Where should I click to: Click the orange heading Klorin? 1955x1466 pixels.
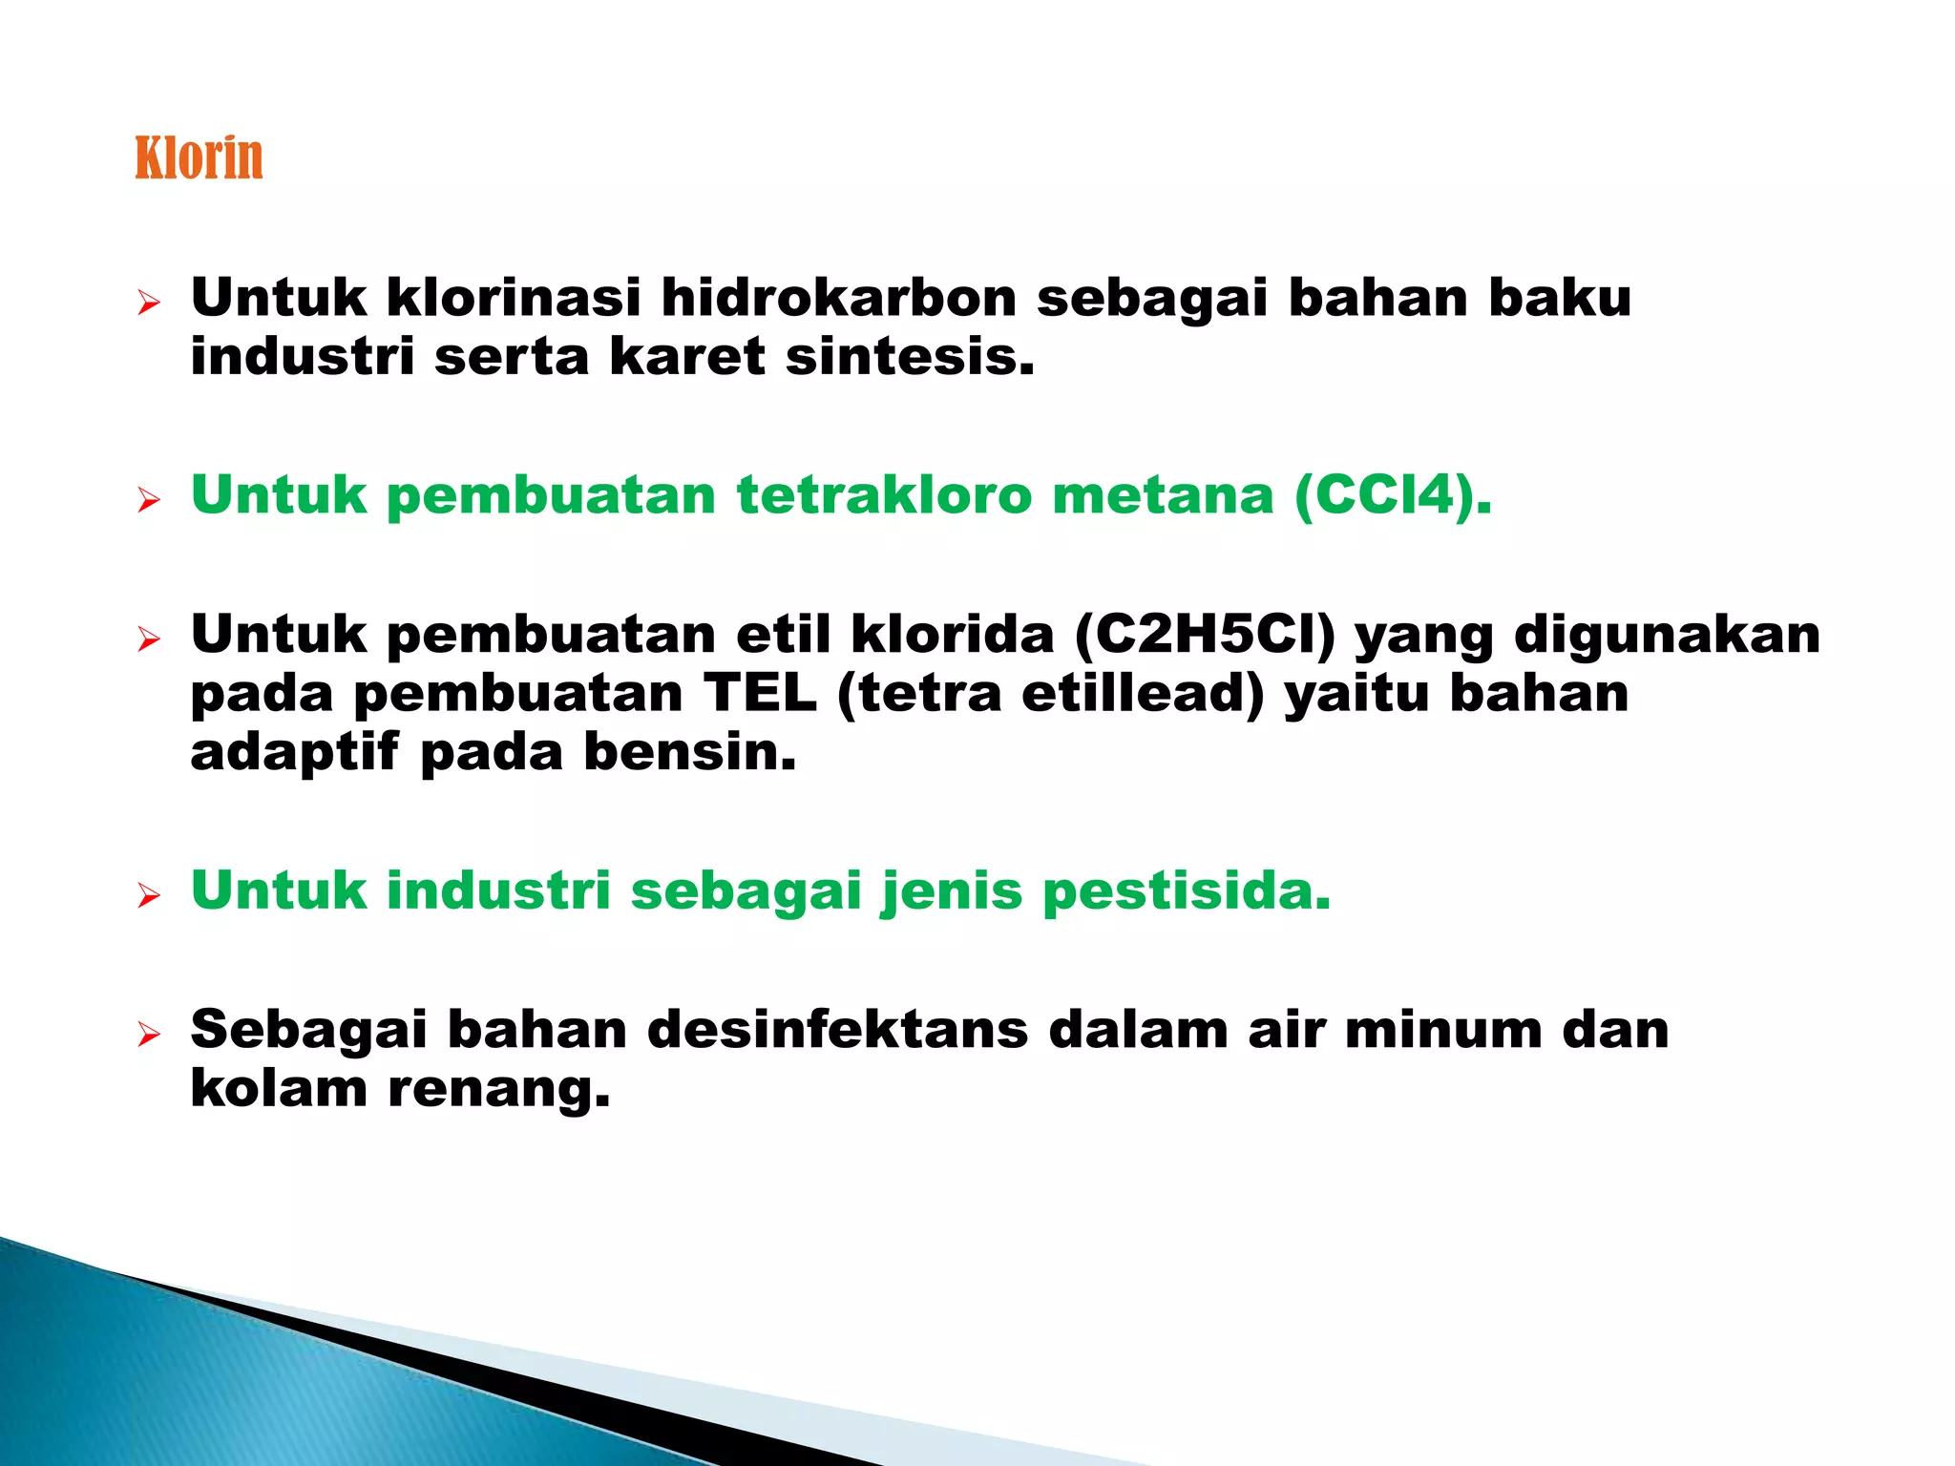pyautogui.click(x=199, y=157)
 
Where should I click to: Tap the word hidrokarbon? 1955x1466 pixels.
pyautogui.click(x=839, y=298)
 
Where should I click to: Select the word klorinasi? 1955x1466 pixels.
pyautogui.click(x=513, y=298)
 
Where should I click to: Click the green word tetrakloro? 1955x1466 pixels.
pyautogui.click(x=884, y=495)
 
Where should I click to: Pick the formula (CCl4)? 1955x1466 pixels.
pyautogui.click(x=1392, y=495)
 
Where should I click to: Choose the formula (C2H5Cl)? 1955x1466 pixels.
pyautogui.click(x=1205, y=635)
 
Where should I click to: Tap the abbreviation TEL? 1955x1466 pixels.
pyautogui.click(x=760, y=694)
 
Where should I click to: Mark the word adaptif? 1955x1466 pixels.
pyautogui.click(x=294, y=753)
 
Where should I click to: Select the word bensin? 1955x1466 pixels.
pyautogui.click(x=689, y=753)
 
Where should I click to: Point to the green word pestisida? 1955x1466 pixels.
pyautogui.click(x=1187, y=891)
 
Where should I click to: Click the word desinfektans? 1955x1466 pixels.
pyautogui.click(x=837, y=1031)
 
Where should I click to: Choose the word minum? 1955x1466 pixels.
pyautogui.click(x=1442, y=1031)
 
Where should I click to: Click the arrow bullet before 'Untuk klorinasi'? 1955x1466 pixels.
pyautogui.click(x=148, y=304)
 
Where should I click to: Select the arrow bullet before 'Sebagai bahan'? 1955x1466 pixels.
pyautogui.click(x=148, y=1035)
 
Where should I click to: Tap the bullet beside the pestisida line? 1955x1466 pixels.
pyautogui.click(x=148, y=896)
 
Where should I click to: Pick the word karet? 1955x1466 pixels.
pyautogui.click(x=686, y=357)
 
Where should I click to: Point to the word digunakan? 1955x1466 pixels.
pyautogui.click(x=1667, y=635)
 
